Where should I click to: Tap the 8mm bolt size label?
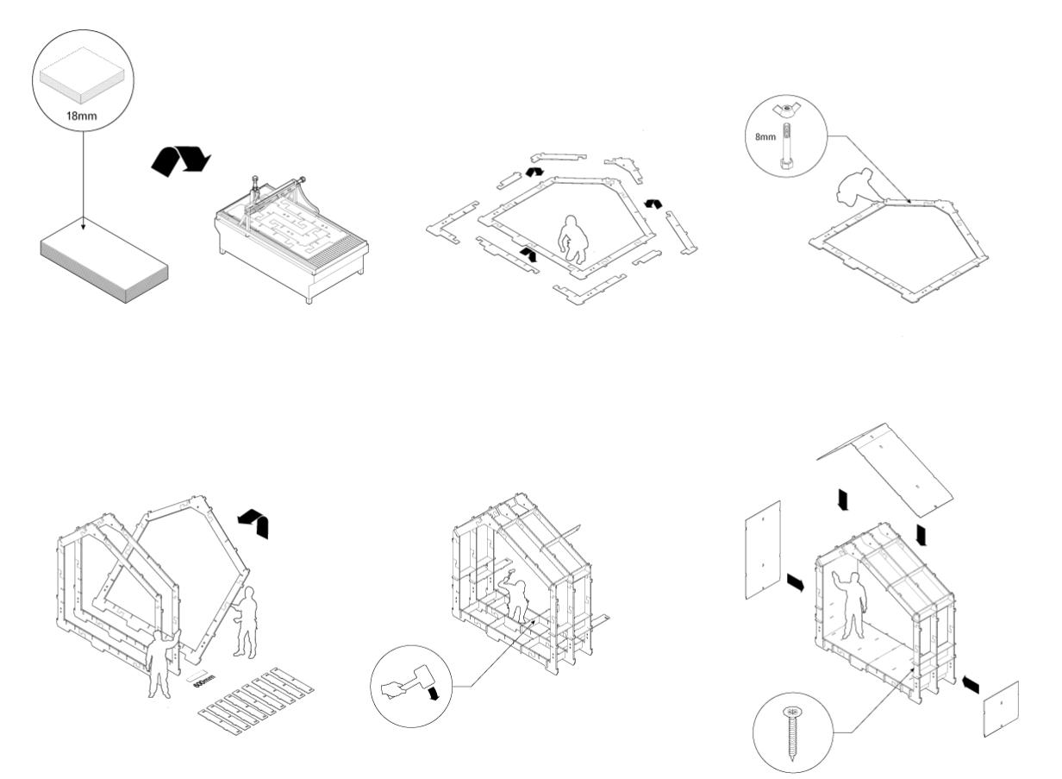pos(765,135)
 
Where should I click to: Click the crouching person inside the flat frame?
pos(569,238)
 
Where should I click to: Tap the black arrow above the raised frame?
pos(254,523)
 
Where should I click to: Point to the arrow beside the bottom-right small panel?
pos(969,684)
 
